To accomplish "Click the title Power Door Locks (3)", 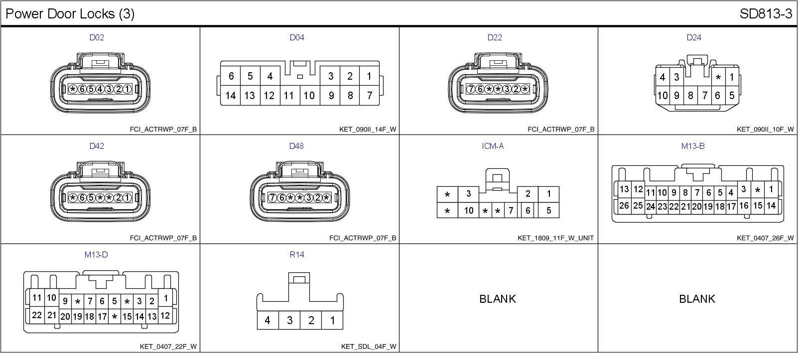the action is pyautogui.click(x=70, y=14).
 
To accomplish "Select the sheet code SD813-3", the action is pyautogui.click(x=766, y=14).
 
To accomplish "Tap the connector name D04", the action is pyautogui.click(x=297, y=37).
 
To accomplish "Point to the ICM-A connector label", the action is pyautogui.click(x=493, y=146).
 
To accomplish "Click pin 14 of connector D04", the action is pyautogui.click(x=230, y=96).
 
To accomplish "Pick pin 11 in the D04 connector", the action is pyautogui.click(x=289, y=96).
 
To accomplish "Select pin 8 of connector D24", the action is pyautogui.click(x=690, y=96).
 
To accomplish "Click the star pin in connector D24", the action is pyautogui.click(x=718, y=78).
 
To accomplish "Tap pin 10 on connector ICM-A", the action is pyautogui.click(x=468, y=211).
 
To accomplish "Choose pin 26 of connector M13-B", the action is pyautogui.click(x=624, y=205).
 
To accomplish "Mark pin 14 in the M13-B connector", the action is pyautogui.click(x=771, y=205).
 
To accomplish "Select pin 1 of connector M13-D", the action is pyautogui.click(x=165, y=298).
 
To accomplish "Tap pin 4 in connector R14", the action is pyautogui.click(x=267, y=320).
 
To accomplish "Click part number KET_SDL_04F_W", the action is pyautogui.click(x=369, y=347).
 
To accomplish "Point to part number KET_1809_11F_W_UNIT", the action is pyautogui.click(x=555, y=238).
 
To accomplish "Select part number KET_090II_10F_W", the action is pyautogui.click(x=765, y=129).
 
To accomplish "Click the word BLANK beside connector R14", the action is pyautogui.click(x=498, y=299).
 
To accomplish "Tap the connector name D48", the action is pyautogui.click(x=296, y=146).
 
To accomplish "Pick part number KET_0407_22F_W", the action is pyautogui.click(x=168, y=347).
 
